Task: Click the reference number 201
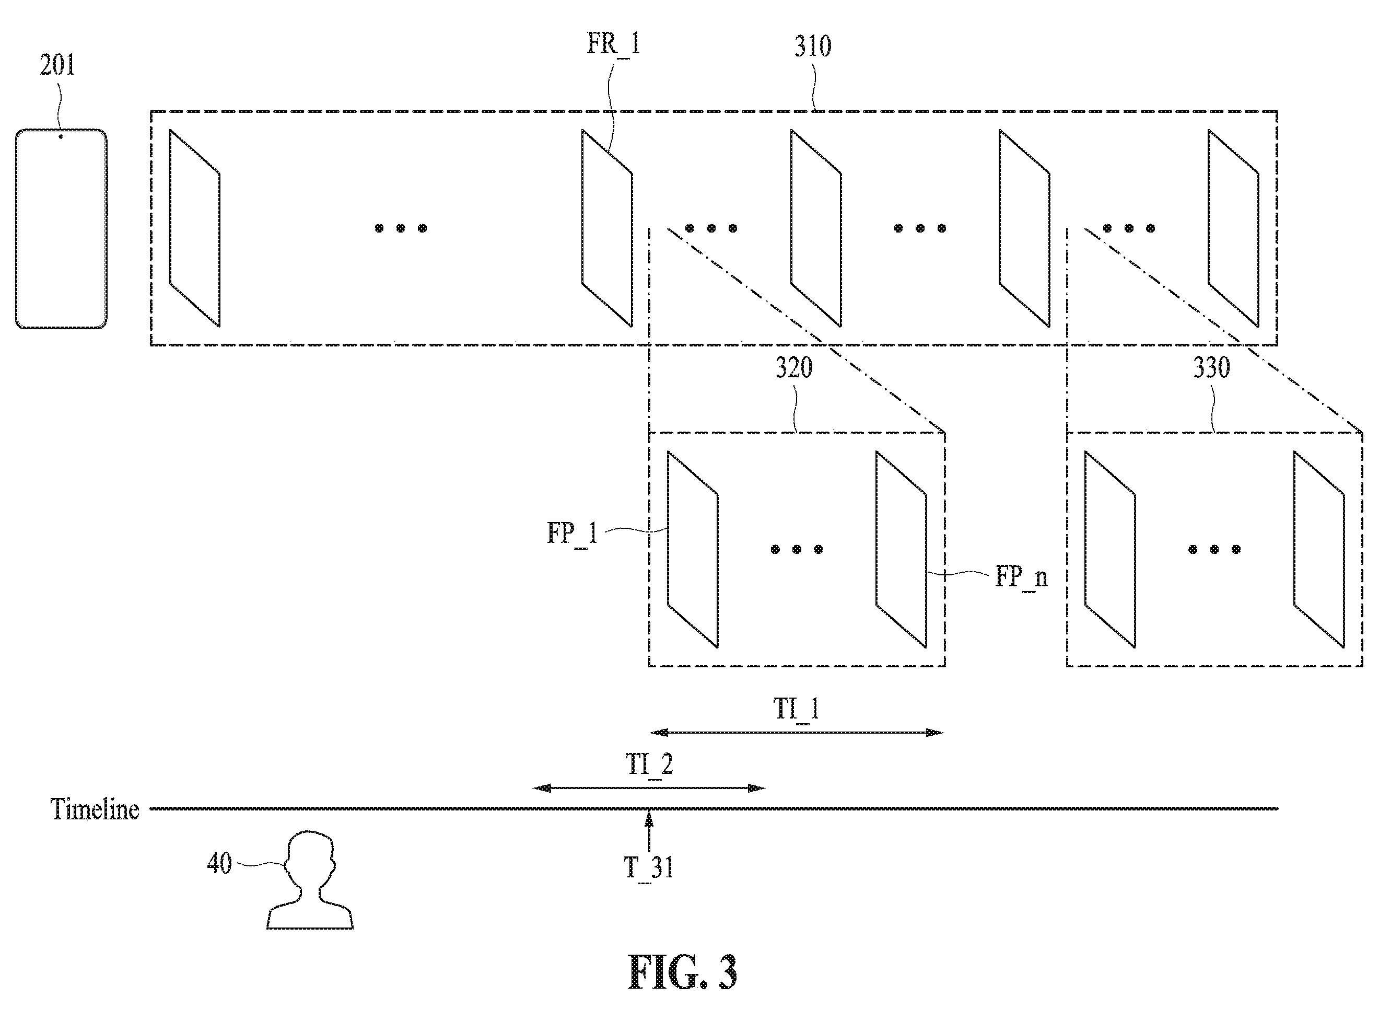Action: click(x=57, y=65)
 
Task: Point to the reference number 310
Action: click(x=812, y=47)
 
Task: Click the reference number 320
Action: click(x=794, y=368)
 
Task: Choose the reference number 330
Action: click(x=1212, y=368)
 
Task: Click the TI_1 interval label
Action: click(x=796, y=709)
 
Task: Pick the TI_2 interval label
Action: click(x=649, y=765)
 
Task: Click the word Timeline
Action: click(x=95, y=809)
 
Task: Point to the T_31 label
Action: click(x=648, y=868)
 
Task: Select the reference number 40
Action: click(x=219, y=864)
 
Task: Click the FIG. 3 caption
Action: click(x=683, y=973)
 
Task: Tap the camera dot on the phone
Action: click(x=61, y=136)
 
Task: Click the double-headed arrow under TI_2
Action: click(x=649, y=788)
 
